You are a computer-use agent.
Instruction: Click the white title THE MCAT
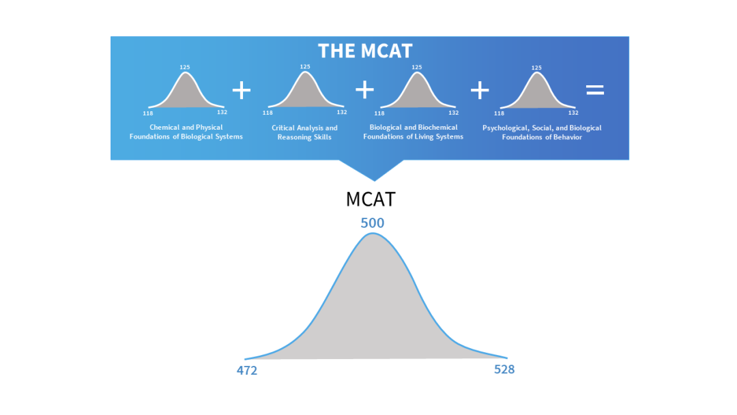(365, 51)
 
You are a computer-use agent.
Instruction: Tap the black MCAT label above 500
(371, 199)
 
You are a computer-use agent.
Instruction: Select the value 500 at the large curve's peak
(373, 223)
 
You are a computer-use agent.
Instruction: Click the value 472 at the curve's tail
(246, 371)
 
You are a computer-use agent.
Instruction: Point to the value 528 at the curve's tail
(504, 370)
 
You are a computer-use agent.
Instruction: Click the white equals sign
(595, 89)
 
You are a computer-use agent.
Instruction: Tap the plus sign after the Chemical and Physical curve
(242, 89)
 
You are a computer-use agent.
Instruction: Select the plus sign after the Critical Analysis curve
(365, 89)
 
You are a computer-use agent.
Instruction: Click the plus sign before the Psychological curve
(480, 89)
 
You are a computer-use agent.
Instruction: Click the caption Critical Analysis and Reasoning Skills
(304, 132)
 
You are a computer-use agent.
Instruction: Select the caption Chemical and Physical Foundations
(186, 132)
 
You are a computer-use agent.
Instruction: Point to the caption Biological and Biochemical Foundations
(414, 132)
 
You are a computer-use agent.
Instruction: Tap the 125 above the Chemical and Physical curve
(185, 67)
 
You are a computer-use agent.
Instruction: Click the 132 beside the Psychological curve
(573, 113)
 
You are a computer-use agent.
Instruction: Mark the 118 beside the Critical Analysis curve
(268, 113)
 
